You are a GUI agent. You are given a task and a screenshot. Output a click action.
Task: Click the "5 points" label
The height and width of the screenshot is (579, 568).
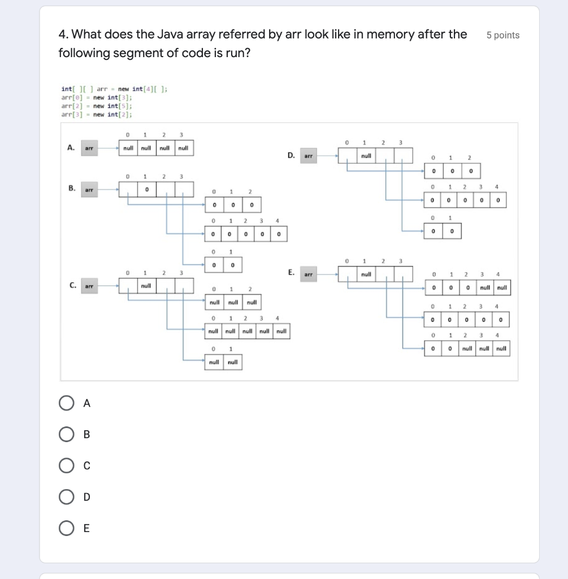[502, 35]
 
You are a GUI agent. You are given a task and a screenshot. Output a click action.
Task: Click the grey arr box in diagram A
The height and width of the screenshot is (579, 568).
[89, 149]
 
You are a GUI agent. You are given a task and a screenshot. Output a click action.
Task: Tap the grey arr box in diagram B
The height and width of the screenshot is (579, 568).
[89, 189]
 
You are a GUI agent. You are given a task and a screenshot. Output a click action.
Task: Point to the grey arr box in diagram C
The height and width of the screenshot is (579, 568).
[89, 286]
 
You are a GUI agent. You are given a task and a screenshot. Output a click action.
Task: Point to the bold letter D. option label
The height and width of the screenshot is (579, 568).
[290, 154]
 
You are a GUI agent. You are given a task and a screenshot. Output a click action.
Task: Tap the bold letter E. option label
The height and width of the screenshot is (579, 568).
[290, 273]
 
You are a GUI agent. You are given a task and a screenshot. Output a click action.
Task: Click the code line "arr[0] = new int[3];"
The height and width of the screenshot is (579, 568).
[97, 97]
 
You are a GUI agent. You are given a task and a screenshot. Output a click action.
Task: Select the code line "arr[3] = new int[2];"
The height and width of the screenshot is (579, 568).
[97, 114]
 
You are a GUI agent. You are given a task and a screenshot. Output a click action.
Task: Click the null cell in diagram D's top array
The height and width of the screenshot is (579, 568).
[366, 154]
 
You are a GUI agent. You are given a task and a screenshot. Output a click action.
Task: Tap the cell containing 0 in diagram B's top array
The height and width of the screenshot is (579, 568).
[146, 189]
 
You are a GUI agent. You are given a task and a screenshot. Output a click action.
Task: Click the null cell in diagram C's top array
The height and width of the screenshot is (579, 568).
[146, 286]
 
